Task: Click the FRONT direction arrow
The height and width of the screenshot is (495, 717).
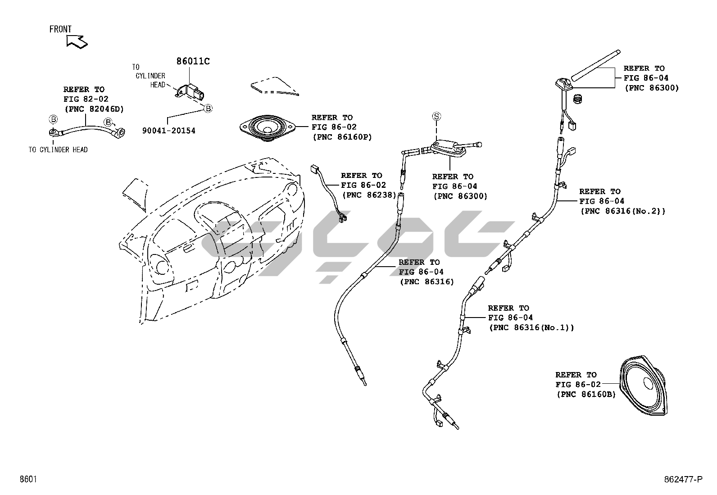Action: coord(77,41)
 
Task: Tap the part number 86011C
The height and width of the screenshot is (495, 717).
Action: coord(193,61)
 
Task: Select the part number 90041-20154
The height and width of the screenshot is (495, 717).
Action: coord(169,131)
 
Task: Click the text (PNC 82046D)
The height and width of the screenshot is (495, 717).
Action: coord(94,109)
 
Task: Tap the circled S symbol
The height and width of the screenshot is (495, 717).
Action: coord(436,116)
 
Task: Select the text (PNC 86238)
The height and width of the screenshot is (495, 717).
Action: coord(369,195)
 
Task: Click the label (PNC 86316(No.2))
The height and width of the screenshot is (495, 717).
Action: coord(622,210)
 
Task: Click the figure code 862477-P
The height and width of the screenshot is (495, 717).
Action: coord(682,480)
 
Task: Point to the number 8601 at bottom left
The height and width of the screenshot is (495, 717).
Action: coord(27,479)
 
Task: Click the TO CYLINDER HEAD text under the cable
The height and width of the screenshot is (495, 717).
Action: coord(58,150)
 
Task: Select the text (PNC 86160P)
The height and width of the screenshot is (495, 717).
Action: coord(342,137)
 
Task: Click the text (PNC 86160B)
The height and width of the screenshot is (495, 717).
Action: coord(586,394)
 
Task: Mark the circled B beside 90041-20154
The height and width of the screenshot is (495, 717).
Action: coord(208,108)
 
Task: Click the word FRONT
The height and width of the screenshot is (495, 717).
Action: coord(60,29)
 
